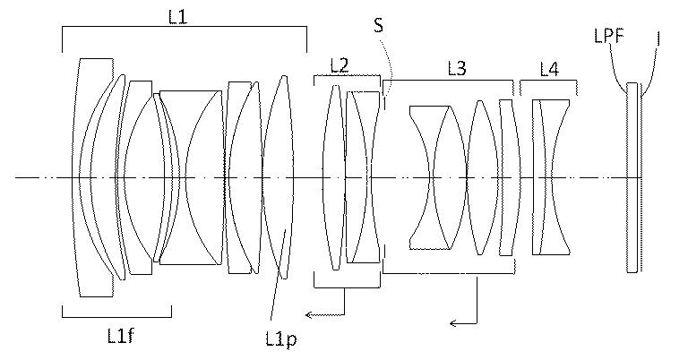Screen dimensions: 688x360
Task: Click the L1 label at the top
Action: [x=177, y=17]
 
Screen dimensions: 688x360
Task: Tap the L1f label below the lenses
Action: [x=121, y=336]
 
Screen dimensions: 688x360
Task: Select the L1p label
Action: [x=281, y=339]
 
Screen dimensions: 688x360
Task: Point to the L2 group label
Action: [x=340, y=65]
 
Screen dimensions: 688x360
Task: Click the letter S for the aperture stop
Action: [x=378, y=25]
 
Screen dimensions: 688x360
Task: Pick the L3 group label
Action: [x=457, y=68]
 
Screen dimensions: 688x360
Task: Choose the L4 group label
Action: [x=549, y=69]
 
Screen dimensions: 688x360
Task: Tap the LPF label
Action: [x=609, y=36]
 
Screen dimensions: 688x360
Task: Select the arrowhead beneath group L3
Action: [x=454, y=323]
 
